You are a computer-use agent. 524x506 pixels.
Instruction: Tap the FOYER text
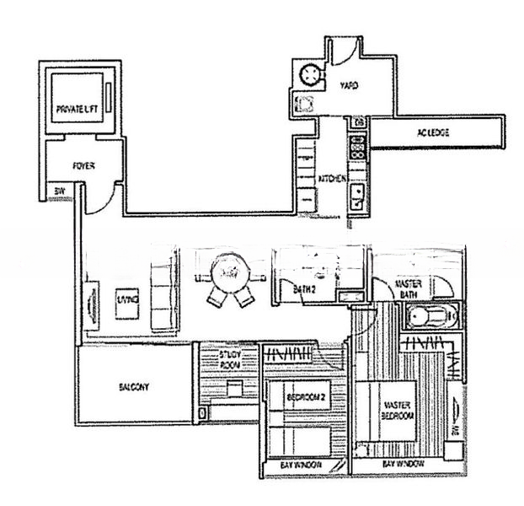point(83,166)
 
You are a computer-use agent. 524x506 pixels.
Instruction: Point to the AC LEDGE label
point(432,133)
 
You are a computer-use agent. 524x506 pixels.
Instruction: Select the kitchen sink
point(358,197)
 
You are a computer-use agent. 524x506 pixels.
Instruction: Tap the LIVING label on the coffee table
point(127,299)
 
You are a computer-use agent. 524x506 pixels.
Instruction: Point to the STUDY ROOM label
point(229,360)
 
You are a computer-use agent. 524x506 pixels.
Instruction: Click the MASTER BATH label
point(409,289)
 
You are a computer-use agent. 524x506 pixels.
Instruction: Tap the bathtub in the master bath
point(429,317)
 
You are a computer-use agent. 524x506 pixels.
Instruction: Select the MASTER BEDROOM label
point(398,411)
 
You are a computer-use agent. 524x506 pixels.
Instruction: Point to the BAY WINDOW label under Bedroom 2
point(299,466)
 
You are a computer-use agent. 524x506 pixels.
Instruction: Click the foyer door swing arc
point(101,200)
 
